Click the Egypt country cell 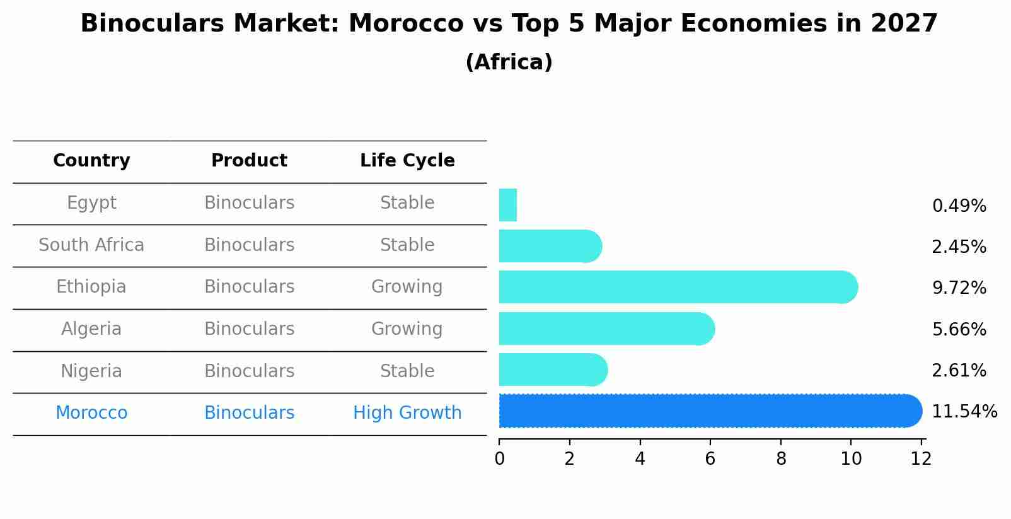[91, 203]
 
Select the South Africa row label [91, 245]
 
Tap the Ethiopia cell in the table [91, 287]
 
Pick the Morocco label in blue [91, 413]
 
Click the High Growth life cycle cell [407, 413]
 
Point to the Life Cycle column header [407, 161]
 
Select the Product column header [249, 161]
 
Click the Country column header [91, 161]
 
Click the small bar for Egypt [508, 205]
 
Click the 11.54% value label [964, 412]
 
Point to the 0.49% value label [959, 206]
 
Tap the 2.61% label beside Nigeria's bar [959, 371]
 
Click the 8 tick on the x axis [781, 459]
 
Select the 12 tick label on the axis [921, 459]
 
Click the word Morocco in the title [405, 24]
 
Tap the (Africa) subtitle [509, 62]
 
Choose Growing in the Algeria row [407, 329]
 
